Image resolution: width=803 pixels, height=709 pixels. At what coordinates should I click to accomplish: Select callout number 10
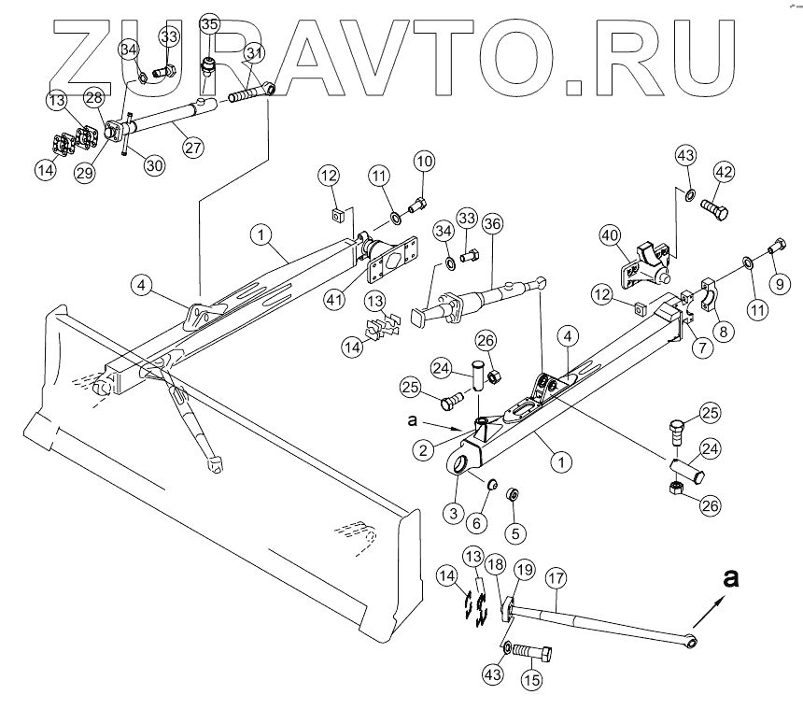tap(425, 160)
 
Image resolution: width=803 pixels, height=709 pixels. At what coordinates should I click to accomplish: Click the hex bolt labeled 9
tap(774, 249)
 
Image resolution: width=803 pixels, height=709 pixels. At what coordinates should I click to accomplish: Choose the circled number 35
tap(209, 23)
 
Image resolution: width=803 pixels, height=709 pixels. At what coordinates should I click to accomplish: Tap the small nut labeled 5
tap(512, 493)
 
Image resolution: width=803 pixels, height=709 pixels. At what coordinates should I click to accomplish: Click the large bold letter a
tap(732, 579)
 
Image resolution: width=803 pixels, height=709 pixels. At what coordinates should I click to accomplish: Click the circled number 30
tap(153, 165)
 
